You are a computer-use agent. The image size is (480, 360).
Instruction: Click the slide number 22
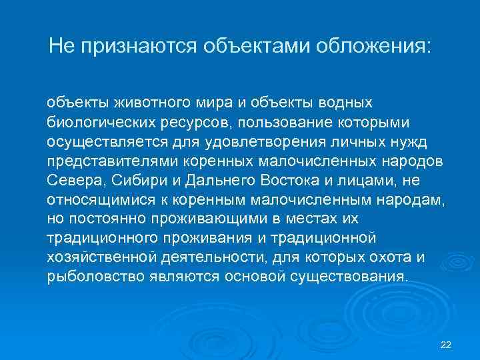446,344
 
